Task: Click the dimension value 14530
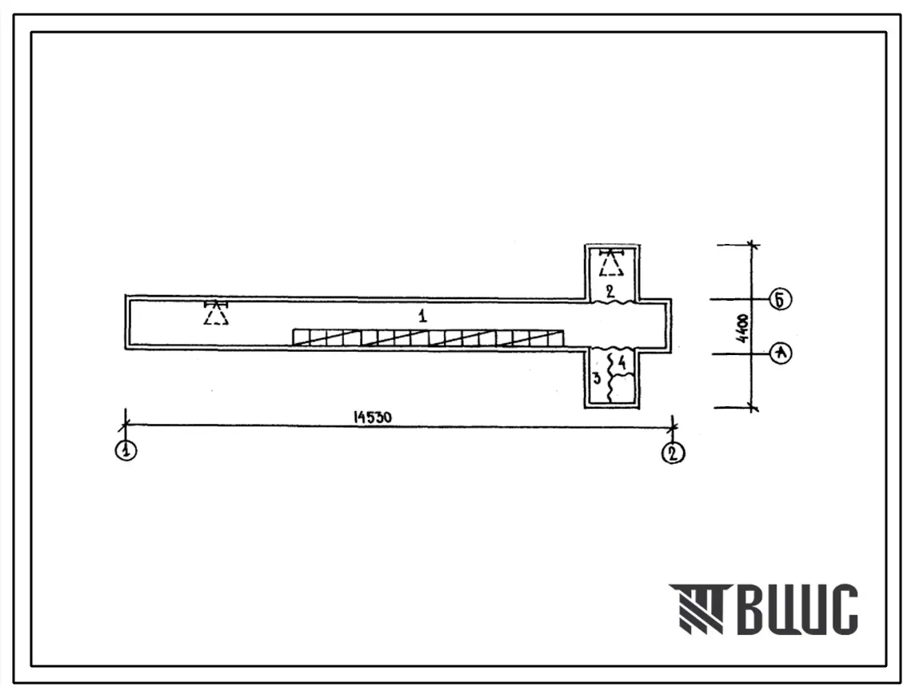[x=373, y=417]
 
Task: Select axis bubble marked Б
[x=781, y=300]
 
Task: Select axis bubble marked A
[x=781, y=353]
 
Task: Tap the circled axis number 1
[x=126, y=450]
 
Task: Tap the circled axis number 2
[x=673, y=453]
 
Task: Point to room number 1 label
[x=422, y=316]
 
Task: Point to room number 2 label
[x=609, y=291]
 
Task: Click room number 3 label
[x=596, y=379]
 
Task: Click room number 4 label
[x=622, y=363]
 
